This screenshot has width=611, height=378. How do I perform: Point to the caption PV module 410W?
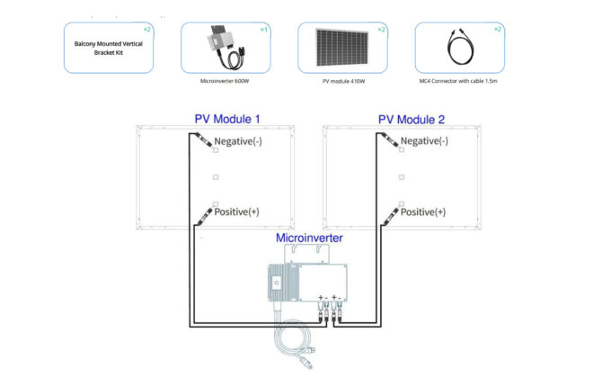[x=342, y=80]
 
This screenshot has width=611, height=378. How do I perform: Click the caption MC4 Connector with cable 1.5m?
[x=459, y=80]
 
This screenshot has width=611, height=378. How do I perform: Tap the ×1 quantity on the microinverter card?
[x=263, y=29]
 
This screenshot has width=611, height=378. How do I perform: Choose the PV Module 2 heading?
[x=411, y=119]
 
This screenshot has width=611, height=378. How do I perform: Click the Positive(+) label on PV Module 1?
[x=236, y=211]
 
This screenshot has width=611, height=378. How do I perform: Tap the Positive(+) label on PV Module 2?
[x=421, y=211]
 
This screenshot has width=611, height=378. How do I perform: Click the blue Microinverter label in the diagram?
[x=308, y=238]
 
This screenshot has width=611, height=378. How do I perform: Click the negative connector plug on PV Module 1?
[x=202, y=140]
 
